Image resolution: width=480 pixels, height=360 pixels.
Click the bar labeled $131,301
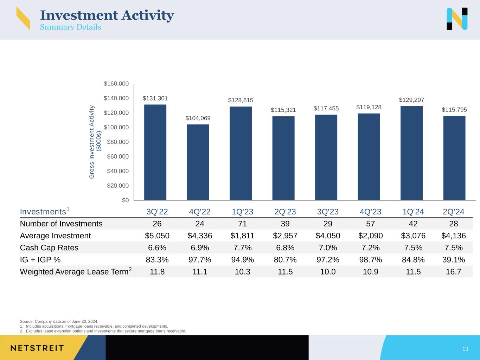155,152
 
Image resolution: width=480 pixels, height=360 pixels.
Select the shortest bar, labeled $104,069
198,162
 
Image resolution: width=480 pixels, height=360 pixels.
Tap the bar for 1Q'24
411,153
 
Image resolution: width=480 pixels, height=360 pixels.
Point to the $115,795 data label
454,110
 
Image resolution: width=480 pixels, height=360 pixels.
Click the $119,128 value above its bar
369,107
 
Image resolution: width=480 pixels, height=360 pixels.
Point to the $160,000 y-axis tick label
116,84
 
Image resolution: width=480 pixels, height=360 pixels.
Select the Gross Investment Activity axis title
95,142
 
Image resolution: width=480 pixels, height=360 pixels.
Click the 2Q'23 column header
285,212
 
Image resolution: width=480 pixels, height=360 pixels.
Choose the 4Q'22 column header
200,212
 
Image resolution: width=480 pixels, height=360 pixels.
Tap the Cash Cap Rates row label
49,247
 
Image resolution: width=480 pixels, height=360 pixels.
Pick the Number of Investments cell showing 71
243,224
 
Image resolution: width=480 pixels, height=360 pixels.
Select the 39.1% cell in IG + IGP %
453,259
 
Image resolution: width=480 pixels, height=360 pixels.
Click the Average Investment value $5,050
157,236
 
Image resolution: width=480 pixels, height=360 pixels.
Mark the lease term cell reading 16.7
453,271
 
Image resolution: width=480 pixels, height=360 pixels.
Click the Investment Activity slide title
107,15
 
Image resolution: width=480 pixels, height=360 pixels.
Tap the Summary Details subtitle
70,27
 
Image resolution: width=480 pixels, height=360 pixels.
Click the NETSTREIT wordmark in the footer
37,348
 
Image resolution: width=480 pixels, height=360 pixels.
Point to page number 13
465,349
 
